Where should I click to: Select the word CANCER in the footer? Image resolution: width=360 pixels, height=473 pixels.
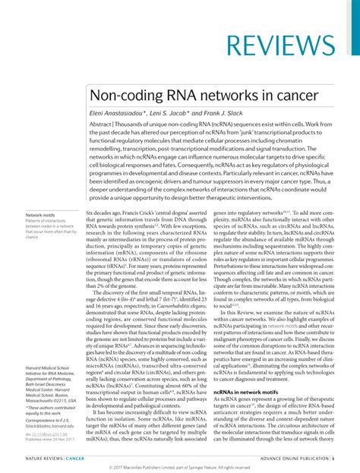75,459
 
